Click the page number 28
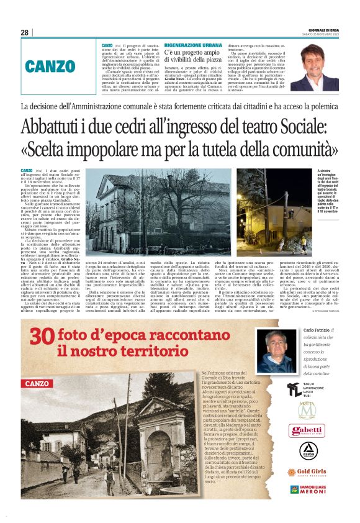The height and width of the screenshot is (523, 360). [x=24, y=32]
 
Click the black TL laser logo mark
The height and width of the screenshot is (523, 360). [x=294, y=389]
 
